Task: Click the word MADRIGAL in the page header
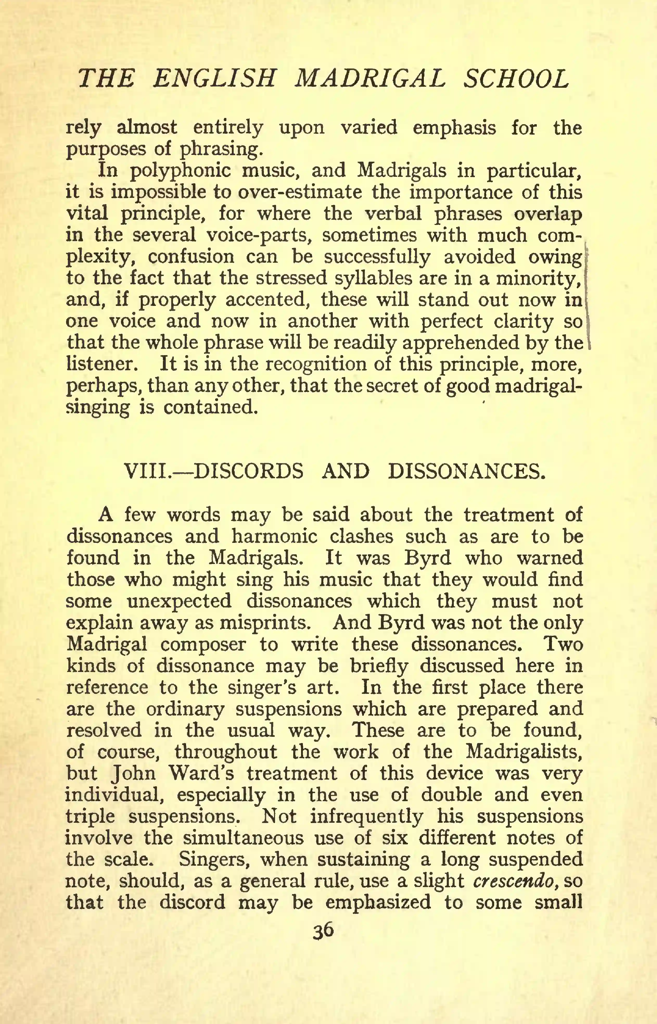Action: (370, 79)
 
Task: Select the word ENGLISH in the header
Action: (214, 79)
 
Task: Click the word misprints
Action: (265, 623)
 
